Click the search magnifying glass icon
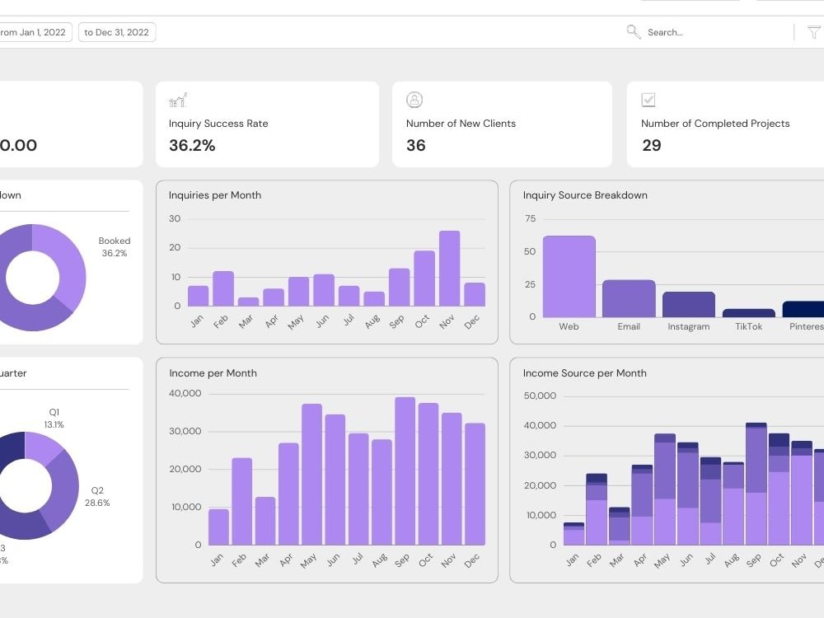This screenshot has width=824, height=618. tap(633, 32)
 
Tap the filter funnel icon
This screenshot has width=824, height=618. tap(814, 33)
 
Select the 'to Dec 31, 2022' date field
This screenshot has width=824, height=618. tap(117, 32)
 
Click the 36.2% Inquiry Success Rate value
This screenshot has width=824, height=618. tap(192, 146)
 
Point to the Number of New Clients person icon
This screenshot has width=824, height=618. tap(414, 100)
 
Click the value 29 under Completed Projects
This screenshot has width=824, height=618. tap(651, 146)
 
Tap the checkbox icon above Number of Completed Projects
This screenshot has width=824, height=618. tap(648, 100)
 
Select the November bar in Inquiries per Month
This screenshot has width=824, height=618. tap(449, 269)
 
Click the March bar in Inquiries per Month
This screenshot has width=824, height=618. tap(248, 302)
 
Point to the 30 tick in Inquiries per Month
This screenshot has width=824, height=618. tap(175, 219)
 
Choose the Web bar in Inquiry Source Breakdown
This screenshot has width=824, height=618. tap(569, 276)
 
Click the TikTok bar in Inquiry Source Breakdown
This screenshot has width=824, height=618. tap(748, 313)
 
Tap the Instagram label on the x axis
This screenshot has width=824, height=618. tap(689, 327)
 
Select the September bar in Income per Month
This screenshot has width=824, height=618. tap(405, 471)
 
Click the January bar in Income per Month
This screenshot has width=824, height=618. tap(218, 527)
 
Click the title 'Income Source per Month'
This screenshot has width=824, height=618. tap(584, 373)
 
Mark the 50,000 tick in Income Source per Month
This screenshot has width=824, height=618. tap(540, 396)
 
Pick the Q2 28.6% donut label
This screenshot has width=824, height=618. tap(97, 496)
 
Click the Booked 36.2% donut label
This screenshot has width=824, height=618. tap(115, 247)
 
